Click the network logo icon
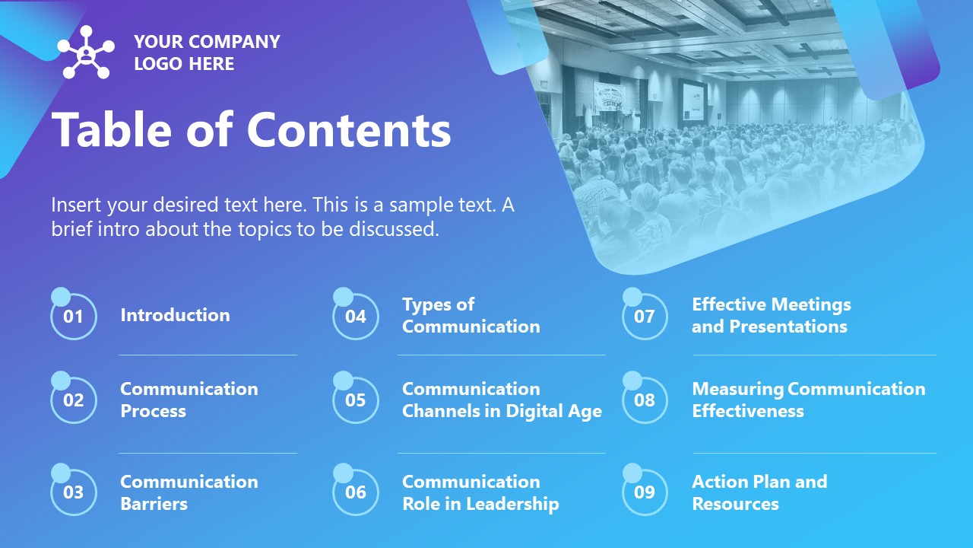click(86, 53)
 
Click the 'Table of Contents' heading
click(251, 129)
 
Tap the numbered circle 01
click(74, 316)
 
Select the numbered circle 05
click(356, 400)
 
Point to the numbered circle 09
click(645, 492)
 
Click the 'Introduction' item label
click(175, 315)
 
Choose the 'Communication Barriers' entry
click(189, 492)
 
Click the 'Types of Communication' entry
click(471, 315)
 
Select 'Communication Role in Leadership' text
click(480, 492)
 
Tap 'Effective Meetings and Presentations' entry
click(771, 315)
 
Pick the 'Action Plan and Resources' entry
click(759, 492)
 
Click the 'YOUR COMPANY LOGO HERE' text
click(207, 53)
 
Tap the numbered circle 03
click(74, 492)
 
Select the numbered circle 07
click(645, 316)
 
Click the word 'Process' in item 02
click(153, 411)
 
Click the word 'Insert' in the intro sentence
click(76, 205)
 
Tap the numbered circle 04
click(356, 316)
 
